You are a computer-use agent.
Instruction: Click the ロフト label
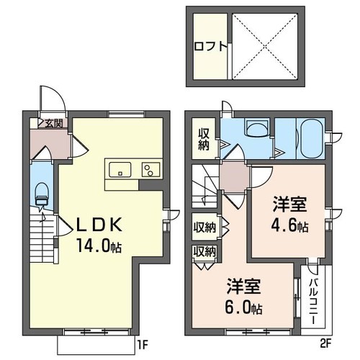click(210, 45)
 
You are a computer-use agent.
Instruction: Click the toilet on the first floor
click(41, 192)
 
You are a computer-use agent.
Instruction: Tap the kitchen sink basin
click(119, 169)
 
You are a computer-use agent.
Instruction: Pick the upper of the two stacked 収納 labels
click(204, 228)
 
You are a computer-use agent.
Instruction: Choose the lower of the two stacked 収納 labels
click(204, 251)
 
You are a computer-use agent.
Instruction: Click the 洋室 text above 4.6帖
click(287, 204)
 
